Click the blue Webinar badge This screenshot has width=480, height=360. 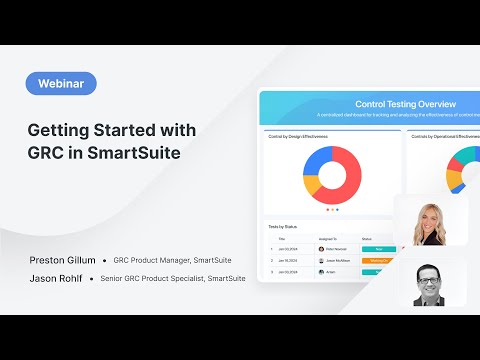[x=62, y=84]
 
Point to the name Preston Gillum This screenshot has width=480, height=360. [x=62, y=260]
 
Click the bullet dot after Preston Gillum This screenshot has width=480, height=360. [x=104, y=260]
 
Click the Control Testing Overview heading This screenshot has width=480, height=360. [x=406, y=104]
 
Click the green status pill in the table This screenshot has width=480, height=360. [x=379, y=249]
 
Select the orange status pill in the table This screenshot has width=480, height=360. [x=379, y=260]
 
